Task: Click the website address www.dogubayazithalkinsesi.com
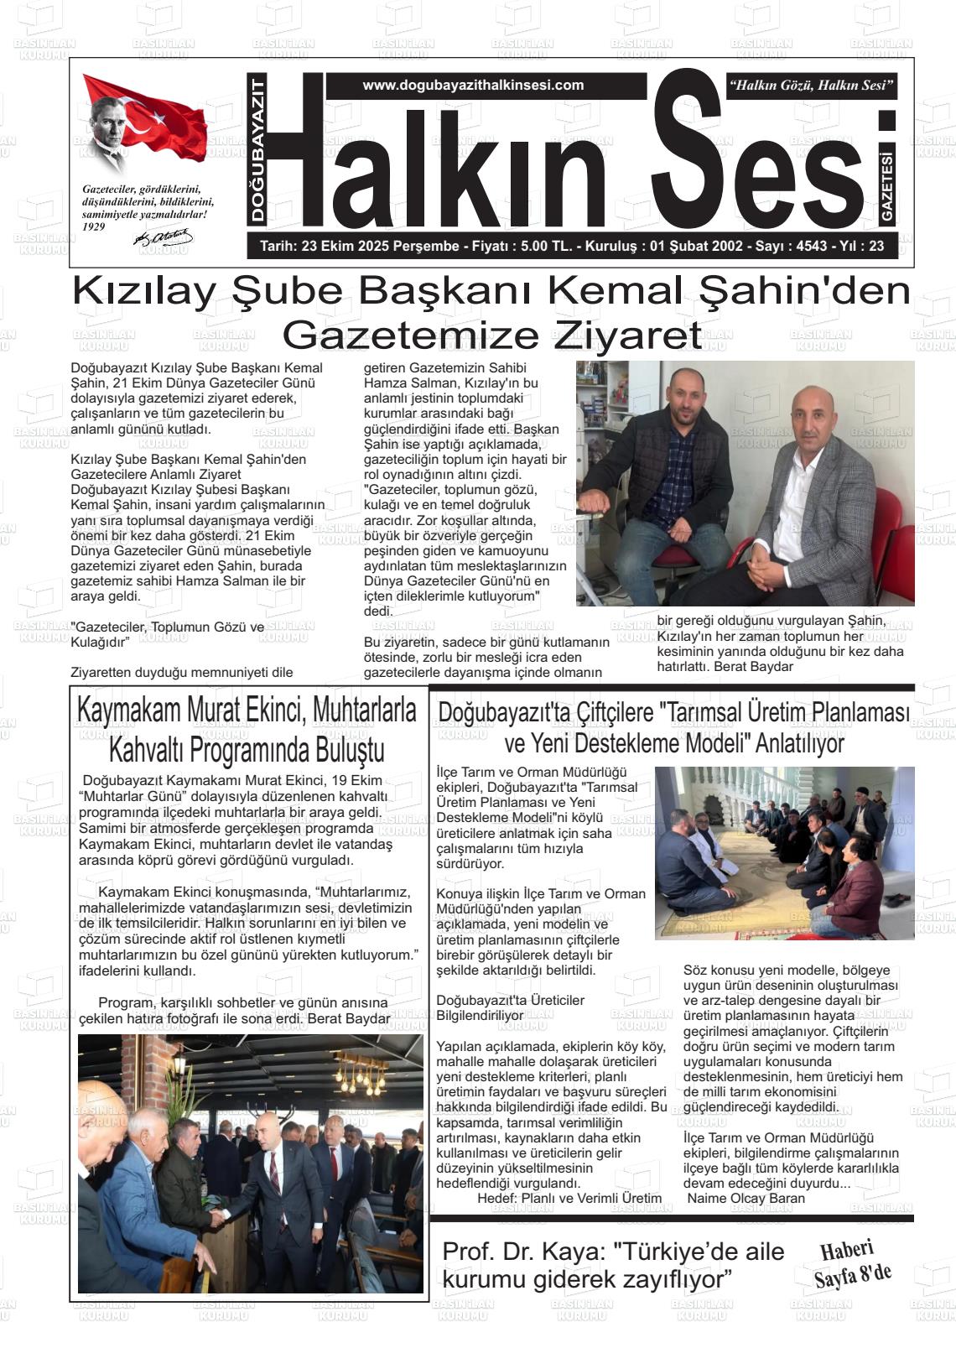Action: coord(473,86)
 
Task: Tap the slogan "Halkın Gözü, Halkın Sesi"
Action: coord(812,86)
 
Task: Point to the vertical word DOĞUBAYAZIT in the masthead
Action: coord(257,149)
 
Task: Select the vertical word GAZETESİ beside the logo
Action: coord(887,186)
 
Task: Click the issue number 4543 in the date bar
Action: coord(810,247)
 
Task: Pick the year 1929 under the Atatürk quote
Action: coord(94,226)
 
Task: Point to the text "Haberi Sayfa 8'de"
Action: coord(850,1264)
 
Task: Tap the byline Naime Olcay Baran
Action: coord(746,1198)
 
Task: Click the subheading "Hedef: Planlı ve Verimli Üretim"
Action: coord(569,1198)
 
